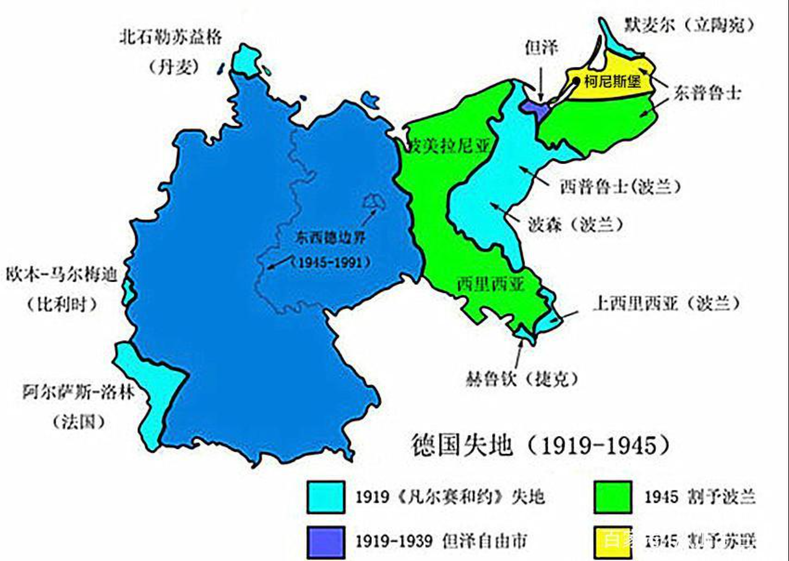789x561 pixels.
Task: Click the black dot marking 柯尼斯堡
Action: tap(575, 80)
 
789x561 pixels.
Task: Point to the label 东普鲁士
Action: tap(706, 94)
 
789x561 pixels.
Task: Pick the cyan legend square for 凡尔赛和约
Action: tap(326, 497)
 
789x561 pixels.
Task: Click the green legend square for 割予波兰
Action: tap(612, 497)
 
